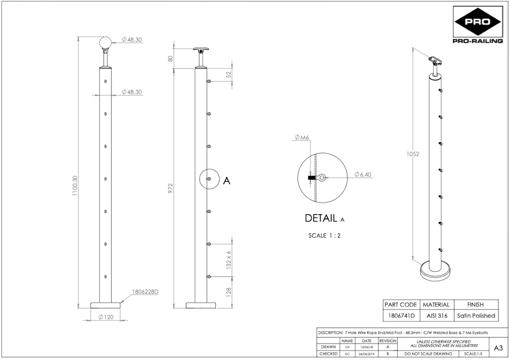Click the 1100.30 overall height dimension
click(x=75, y=186)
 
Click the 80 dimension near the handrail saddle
click(x=171, y=59)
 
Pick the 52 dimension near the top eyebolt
click(x=229, y=74)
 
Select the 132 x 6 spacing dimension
click(x=229, y=260)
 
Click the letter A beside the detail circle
click(x=227, y=181)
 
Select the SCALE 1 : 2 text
click(x=324, y=235)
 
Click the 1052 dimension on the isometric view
click(x=412, y=154)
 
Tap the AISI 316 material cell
click(x=436, y=316)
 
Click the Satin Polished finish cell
click(x=476, y=316)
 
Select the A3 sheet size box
click(x=499, y=348)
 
